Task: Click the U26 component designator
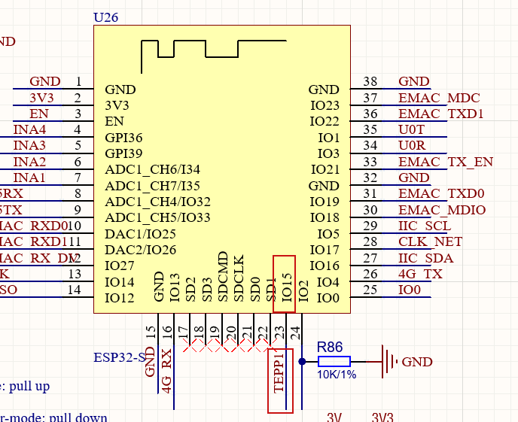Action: pyautogui.click(x=106, y=17)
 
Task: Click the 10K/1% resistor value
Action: pyautogui.click(x=337, y=374)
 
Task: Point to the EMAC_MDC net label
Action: pyautogui.click(x=439, y=98)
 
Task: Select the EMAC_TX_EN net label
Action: pyautogui.click(x=446, y=162)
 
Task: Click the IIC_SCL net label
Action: pyautogui.click(x=425, y=226)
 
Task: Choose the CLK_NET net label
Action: pyautogui.click(x=430, y=241)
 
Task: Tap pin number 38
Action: pyautogui.click(x=370, y=81)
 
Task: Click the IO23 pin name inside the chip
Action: pyautogui.click(x=325, y=106)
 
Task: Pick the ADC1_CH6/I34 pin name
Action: pyautogui.click(x=153, y=169)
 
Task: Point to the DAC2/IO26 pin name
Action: pyautogui.click(x=141, y=250)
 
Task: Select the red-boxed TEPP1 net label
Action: pyautogui.click(x=279, y=370)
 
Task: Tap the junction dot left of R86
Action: pyautogui.click(x=303, y=362)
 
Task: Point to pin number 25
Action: pyautogui.click(x=370, y=290)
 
